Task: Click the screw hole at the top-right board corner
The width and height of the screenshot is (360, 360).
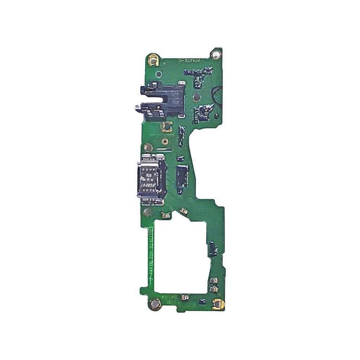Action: coord(216,54)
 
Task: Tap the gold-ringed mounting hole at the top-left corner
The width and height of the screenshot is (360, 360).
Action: coord(153,60)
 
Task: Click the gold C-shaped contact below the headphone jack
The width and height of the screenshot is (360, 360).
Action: coord(167,126)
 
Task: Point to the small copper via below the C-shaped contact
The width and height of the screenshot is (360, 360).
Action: coord(164,142)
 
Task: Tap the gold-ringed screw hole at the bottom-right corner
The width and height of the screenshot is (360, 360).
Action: coord(218,304)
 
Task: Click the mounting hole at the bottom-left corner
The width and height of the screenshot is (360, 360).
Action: coord(155,304)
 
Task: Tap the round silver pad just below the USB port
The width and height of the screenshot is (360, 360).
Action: coord(148,212)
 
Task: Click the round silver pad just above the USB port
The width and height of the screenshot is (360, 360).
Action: coord(148,148)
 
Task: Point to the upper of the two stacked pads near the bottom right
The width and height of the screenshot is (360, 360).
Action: coord(213,281)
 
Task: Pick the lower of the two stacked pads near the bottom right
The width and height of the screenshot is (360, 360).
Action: coord(213,289)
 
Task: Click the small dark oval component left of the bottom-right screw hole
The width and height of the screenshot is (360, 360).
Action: coord(201,302)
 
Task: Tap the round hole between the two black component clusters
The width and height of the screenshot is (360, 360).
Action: coord(197,98)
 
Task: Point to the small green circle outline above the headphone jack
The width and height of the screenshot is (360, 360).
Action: coord(159,74)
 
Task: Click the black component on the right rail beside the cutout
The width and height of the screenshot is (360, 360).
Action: coord(213,249)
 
